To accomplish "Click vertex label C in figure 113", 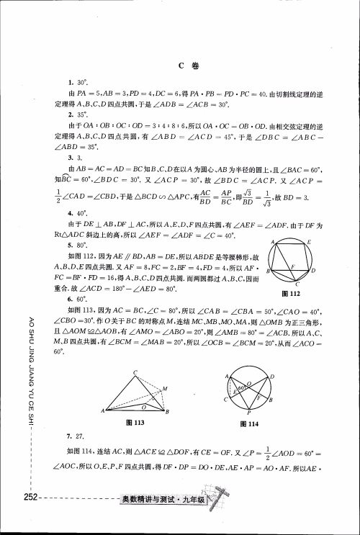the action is [x=134, y=372].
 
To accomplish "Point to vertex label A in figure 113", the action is [x=104, y=411].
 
